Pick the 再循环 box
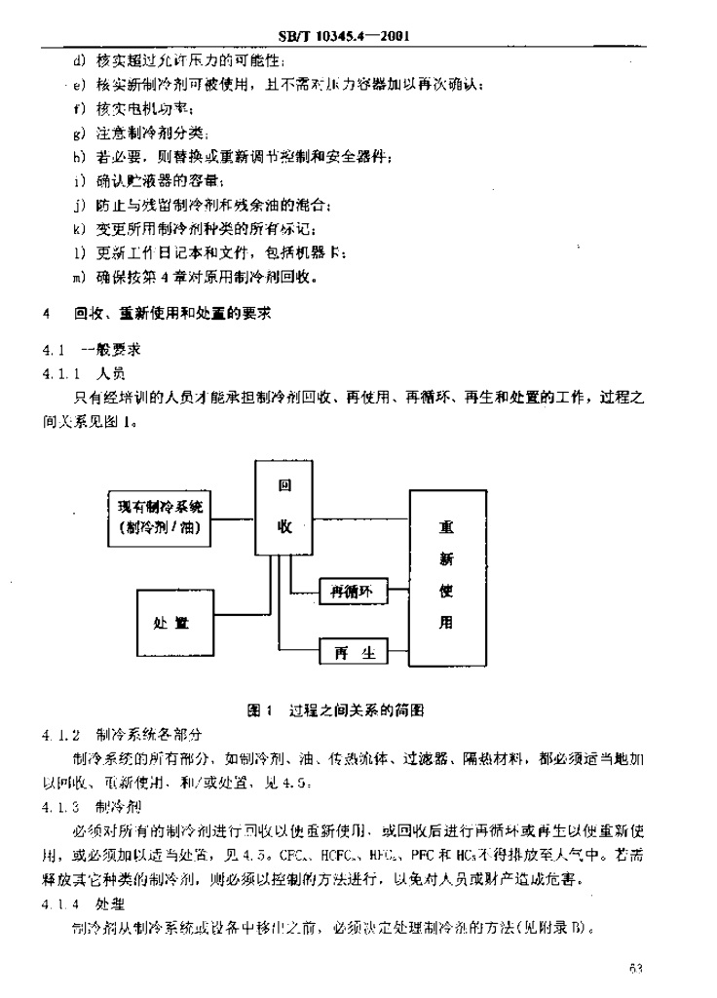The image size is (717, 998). point(353,591)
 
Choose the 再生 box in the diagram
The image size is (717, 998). point(354,652)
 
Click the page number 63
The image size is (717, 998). point(638,969)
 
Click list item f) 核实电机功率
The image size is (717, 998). point(139,107)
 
